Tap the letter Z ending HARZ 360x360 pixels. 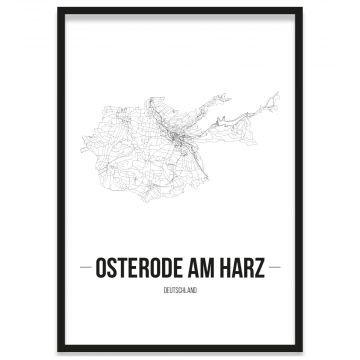[266, 267]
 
